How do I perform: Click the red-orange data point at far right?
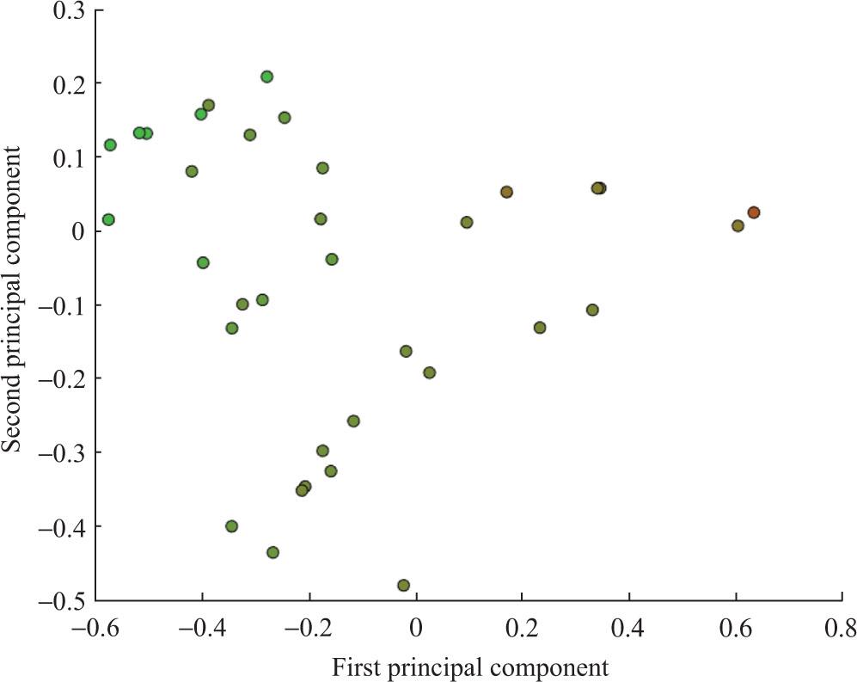753,212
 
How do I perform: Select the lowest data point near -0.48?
403,586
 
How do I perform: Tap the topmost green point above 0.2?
267,77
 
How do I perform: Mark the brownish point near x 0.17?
506,192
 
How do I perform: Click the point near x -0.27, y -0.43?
272,552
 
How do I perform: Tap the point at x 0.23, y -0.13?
540,328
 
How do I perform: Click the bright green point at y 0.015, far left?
108,220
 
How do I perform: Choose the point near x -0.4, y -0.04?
203,262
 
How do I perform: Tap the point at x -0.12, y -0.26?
353,421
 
